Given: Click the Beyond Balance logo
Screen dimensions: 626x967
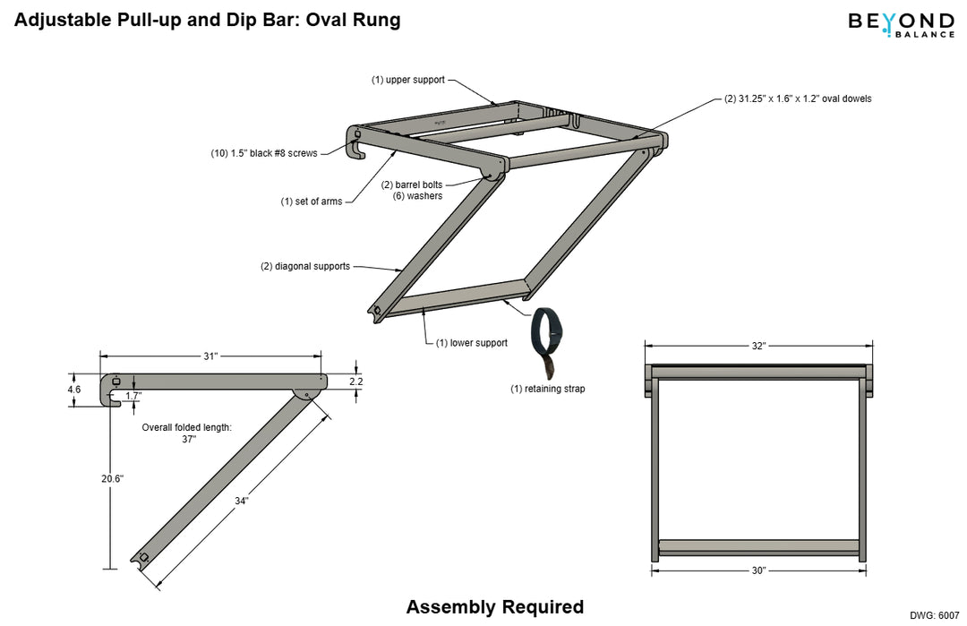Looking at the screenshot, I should (x=901, y=24).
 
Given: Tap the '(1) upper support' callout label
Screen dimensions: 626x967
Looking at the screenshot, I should (x=408, y=80).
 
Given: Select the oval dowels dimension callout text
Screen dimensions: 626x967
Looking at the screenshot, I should (x=797, y=99).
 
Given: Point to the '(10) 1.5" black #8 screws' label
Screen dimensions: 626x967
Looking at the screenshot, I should (x=264, y=153).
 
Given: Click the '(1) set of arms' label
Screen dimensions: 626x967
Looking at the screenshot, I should (x=312, y=202).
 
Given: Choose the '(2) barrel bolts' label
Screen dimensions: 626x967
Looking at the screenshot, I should (x=412, y=184).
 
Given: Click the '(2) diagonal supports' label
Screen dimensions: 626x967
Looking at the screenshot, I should (x=305, y=266).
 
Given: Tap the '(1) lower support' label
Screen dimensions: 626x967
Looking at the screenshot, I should (x=472, y=343).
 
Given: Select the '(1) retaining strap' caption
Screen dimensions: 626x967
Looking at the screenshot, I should (x=548, y=389).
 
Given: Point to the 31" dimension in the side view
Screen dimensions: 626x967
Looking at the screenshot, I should (x=210, y=356).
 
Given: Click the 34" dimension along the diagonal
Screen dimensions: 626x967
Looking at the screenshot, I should (x=241, y=502).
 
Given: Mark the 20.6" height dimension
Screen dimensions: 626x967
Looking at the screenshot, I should (x=111, y=479).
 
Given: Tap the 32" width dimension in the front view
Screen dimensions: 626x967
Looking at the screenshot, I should (x=758, y=346).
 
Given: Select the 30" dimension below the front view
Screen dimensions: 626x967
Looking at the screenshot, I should (x=758, y=570).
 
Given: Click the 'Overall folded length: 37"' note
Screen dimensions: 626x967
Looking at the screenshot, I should (x=187, y=433).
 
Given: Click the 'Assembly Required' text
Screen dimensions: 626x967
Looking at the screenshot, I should (x=494, y=607).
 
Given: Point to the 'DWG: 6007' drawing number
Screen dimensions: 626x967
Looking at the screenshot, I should (x=934, y=615).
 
